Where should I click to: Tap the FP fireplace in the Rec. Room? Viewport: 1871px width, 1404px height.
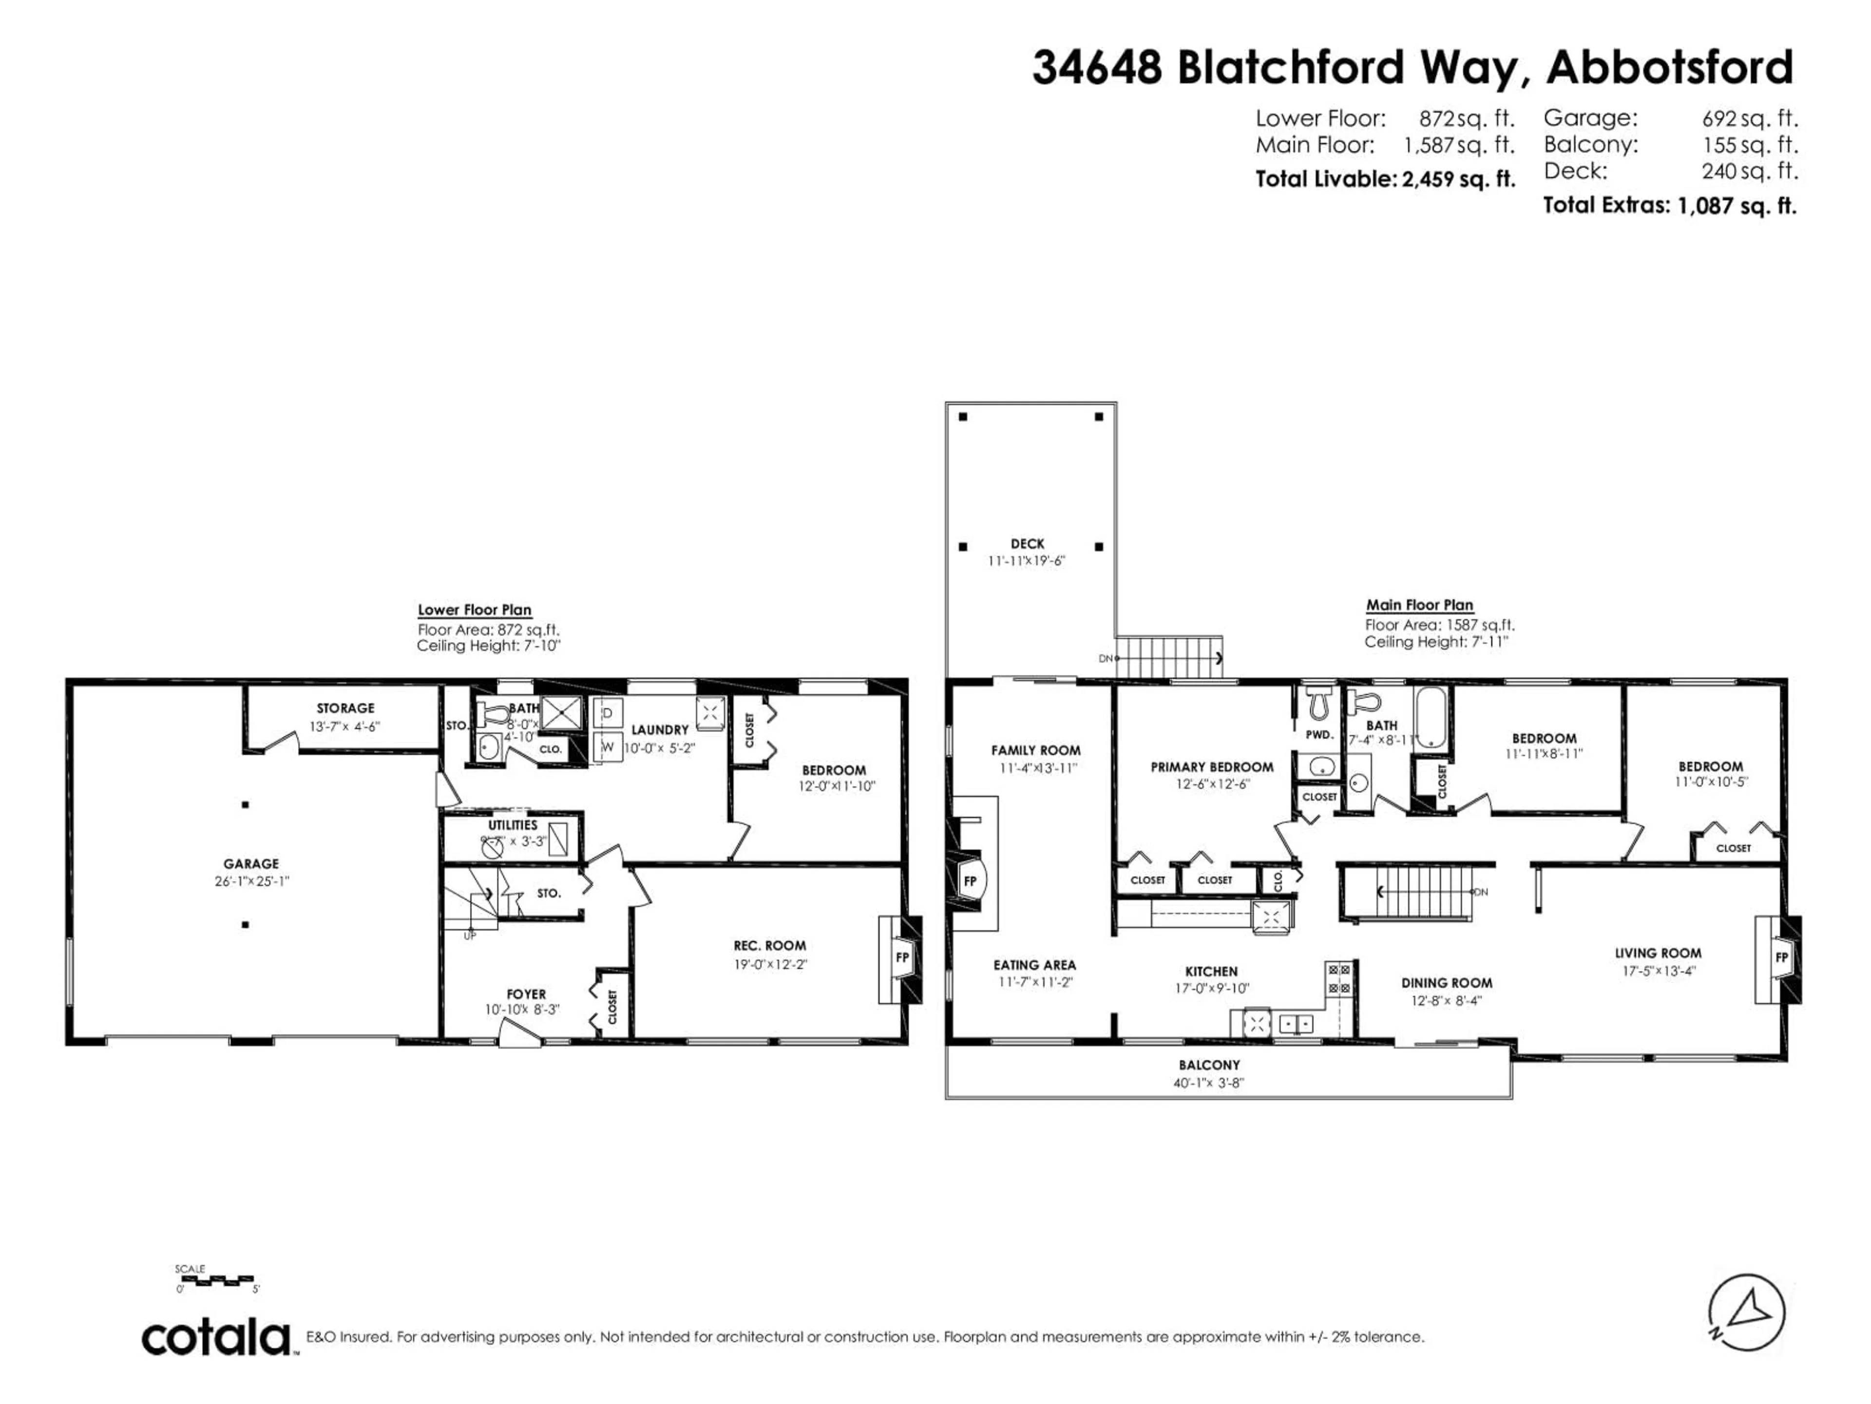coord(902,957)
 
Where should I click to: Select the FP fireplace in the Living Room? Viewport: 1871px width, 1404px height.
coord(1781,957)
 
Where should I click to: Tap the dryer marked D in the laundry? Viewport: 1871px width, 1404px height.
coord(607,713)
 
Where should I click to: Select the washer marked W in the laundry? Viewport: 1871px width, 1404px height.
coord(607,746)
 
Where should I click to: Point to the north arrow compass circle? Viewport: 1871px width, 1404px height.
coord(1747,1313)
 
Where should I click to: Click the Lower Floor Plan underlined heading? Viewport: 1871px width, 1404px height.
coord(475,609)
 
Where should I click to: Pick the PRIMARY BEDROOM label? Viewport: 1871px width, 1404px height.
coord(1211,767)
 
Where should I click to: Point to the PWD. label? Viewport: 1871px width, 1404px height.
coord(1318,735)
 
